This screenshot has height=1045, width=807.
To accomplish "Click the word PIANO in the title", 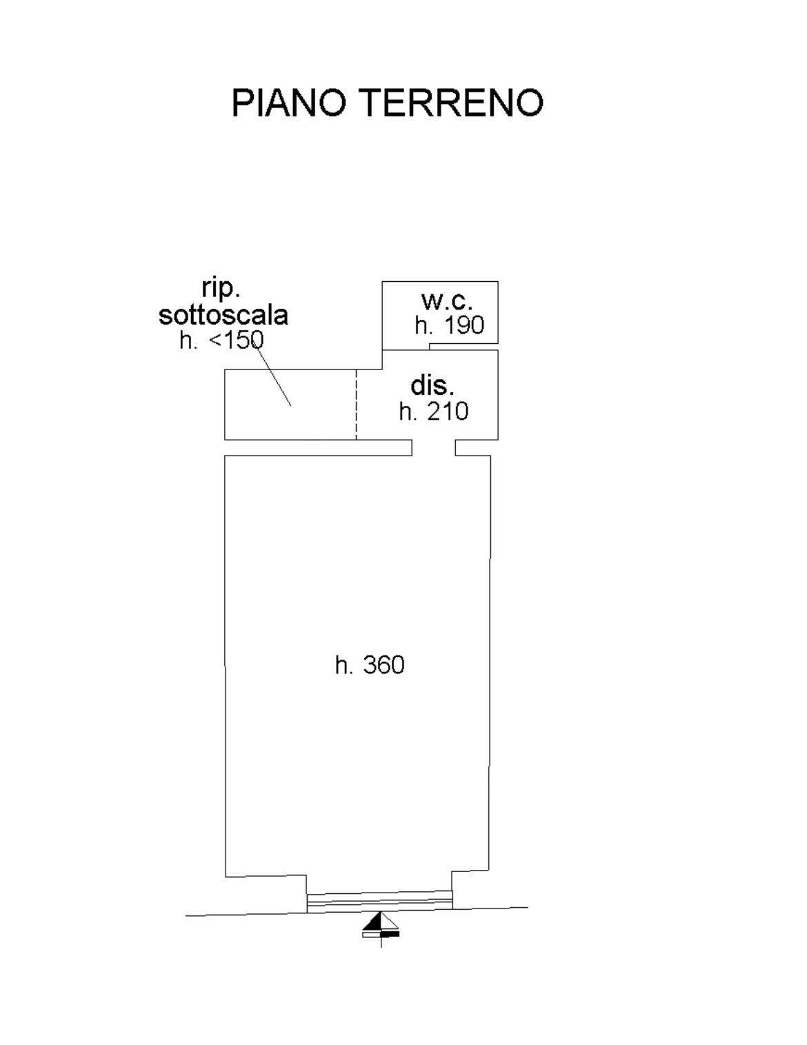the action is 289,103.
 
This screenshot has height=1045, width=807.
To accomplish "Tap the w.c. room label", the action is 447,301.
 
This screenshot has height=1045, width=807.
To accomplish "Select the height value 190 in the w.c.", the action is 464,325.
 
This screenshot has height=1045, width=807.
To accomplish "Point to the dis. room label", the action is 432,386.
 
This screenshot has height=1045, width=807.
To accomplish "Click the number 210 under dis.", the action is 448,412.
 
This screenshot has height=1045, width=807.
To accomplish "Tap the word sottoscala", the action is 223,316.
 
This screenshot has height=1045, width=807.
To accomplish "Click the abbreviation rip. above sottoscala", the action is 221,289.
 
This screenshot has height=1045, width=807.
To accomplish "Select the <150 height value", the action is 237,341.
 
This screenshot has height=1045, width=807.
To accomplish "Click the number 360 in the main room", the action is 384,666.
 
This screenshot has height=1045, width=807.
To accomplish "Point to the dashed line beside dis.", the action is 356,405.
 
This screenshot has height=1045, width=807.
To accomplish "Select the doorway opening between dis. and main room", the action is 434,447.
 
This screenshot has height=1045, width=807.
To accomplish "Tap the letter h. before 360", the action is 343,666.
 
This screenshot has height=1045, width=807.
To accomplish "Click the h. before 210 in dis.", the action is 407,412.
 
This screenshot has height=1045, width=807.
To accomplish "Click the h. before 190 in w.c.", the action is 423,325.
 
